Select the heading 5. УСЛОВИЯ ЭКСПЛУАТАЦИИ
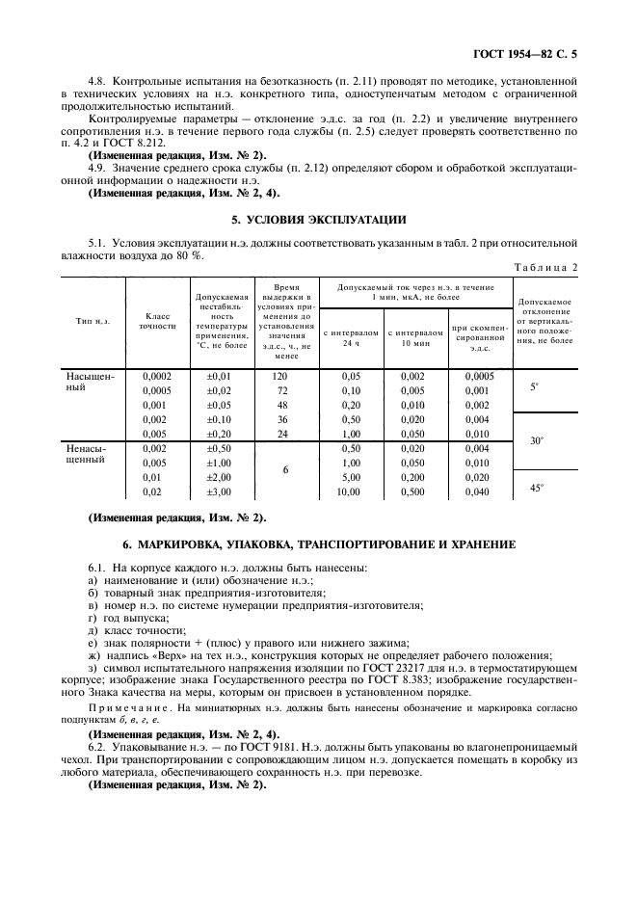click(318, 219)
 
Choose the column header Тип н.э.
click(93, 320)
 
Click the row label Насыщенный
click(90, 382)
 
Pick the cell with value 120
click(280, 376)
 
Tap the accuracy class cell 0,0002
click(158, 376)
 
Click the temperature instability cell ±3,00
click(220, 491)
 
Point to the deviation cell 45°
click(537, 488)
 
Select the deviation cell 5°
click(536, 386)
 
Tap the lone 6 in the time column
click(285, 470)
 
